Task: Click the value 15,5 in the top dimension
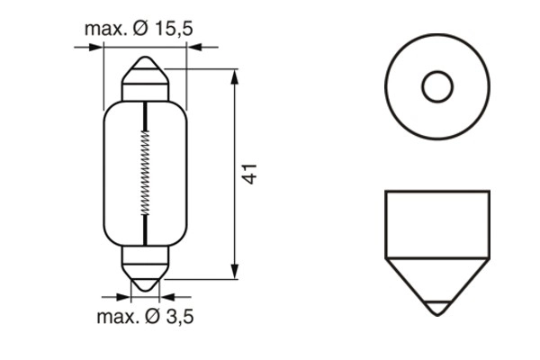pyautogui.click(x=174, y=29)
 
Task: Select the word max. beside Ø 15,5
pyautogui.click(x=105, y=29)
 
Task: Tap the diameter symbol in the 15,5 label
pyautogui.click(x=142, y=29)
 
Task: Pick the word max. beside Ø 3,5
pyautogui.click(x=117, y=316)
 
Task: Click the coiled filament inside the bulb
pyautogui.click(x=145, y=171)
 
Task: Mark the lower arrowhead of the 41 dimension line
pyautogui.click(x=235, y=271)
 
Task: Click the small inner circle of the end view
pyautogui.click(x=437, y=86)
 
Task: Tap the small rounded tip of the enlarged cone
pyautogui.click(x=437, y=309)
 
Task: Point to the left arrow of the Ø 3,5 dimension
pyautogui.click(x=125, y=295)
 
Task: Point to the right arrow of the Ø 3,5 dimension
pyautogui.click(x=166, y=295)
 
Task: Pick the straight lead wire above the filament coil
pyautogui.click(x=145, y=115)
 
